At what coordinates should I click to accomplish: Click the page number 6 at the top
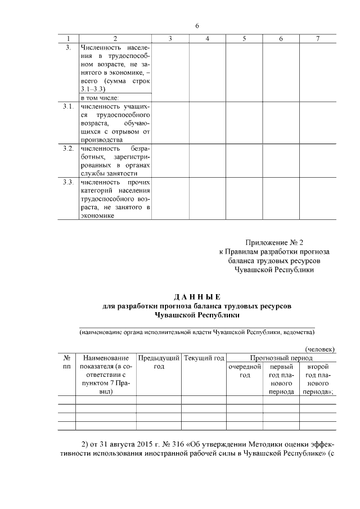[197, 26]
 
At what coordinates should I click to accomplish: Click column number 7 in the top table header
[318, 38]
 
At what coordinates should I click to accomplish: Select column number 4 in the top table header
[208, 38]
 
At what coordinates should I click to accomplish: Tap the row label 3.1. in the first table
[68, 106]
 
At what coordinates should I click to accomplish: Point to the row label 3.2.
[68, 148]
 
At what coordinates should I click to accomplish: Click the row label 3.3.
[68, 182]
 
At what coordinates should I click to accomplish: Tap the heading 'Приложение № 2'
[274, 242]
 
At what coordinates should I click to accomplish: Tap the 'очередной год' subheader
[245, 371]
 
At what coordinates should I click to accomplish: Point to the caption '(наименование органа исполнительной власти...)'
[196, 332]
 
